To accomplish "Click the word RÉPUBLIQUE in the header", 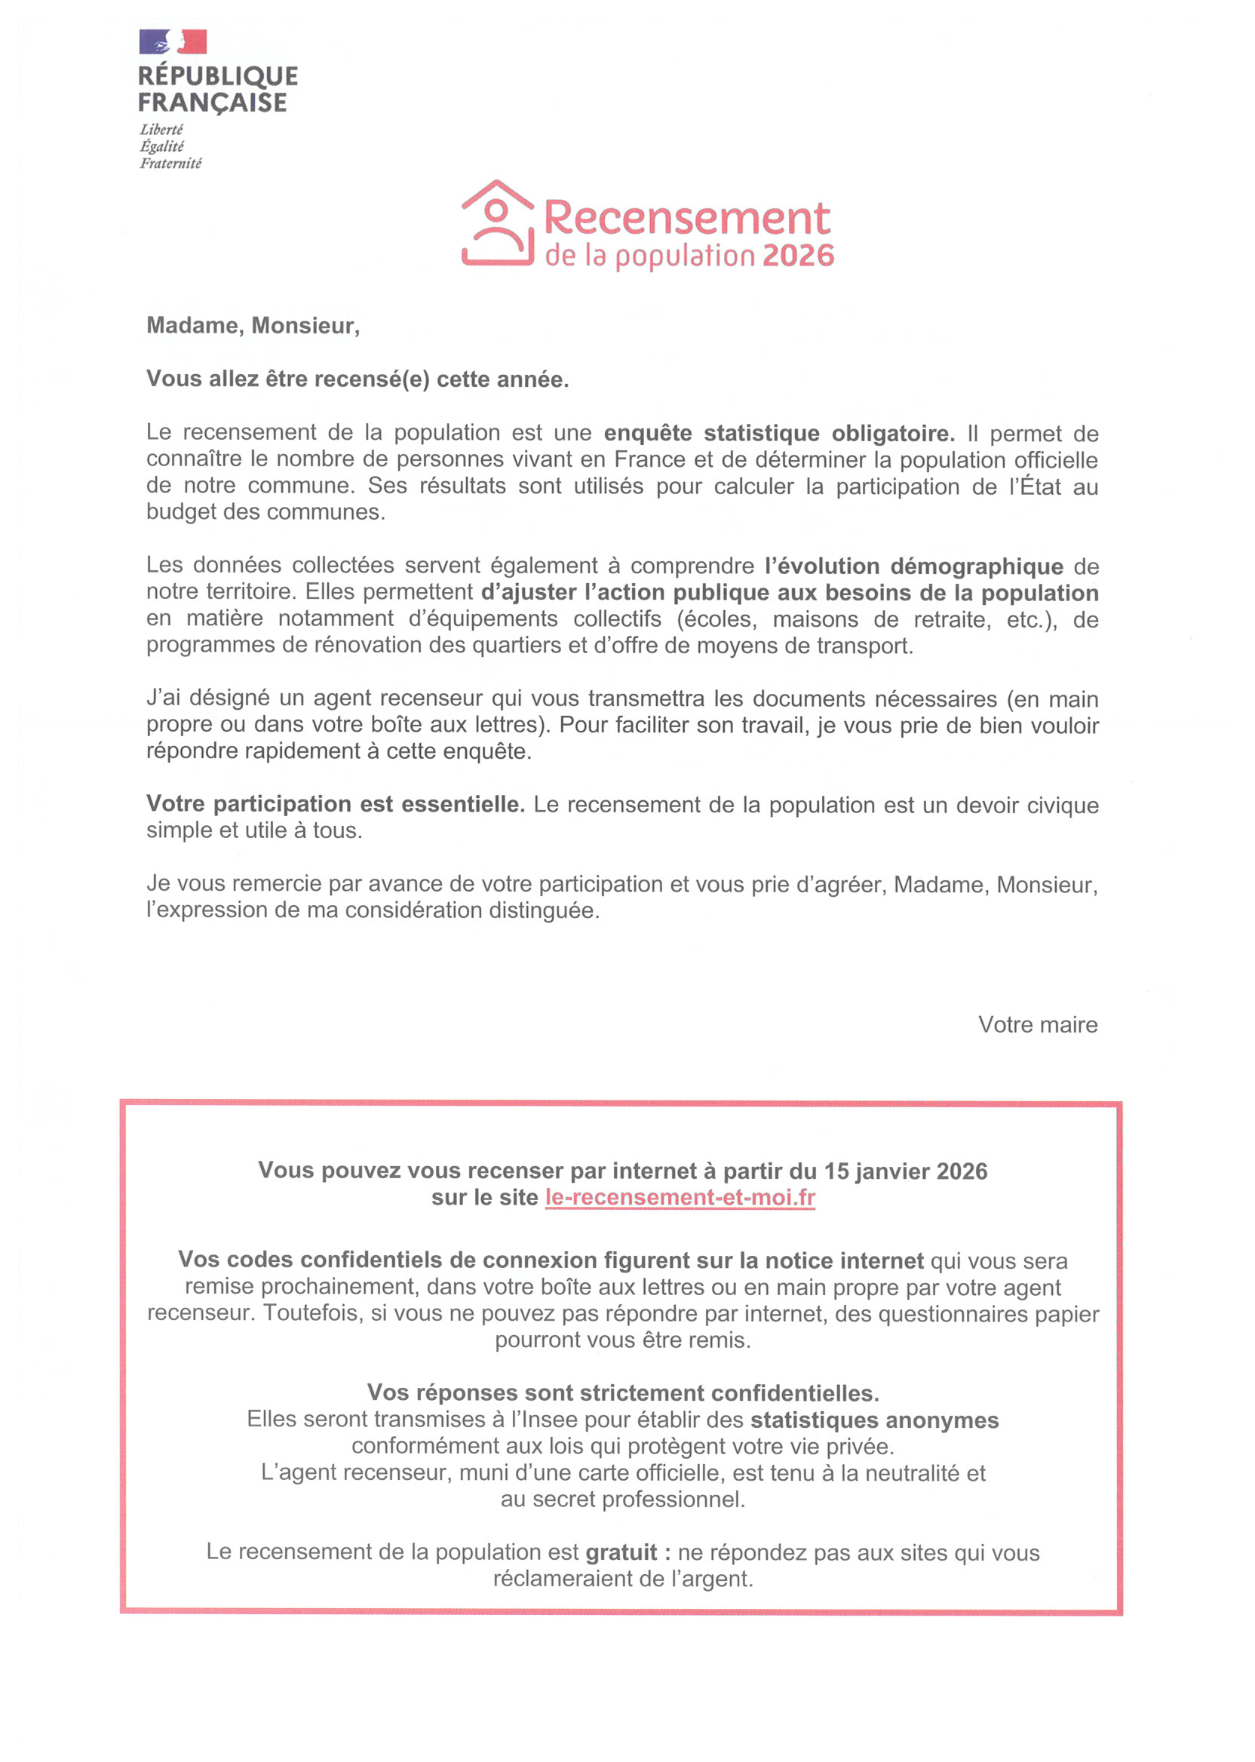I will (x=218, y=75).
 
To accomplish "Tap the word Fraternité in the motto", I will (x=170, y=163).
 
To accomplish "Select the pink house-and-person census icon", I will (x=498, y=224).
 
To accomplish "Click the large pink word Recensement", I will (x=687, y=218).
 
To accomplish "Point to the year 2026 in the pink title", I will (x=798, y=256).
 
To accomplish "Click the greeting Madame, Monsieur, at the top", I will (x=253, y=325).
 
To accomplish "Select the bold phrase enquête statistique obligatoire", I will (x=779, y=433).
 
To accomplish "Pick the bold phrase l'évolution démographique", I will (x=913, y=566).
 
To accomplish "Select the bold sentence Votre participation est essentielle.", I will (x=336, y=804).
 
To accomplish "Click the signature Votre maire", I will (x=1037, y=1024).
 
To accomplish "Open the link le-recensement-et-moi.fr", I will (x=680, y=1197).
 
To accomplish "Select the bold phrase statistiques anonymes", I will (x=874, y=1420).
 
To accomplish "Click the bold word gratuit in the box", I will (x=621, y=1552).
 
